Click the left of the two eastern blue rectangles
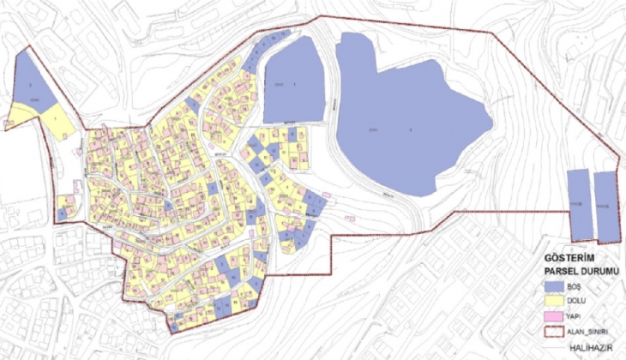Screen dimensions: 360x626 coord(579,204)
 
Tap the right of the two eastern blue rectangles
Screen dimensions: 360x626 coord(606,206)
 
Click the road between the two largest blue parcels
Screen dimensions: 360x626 coord(330,103)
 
